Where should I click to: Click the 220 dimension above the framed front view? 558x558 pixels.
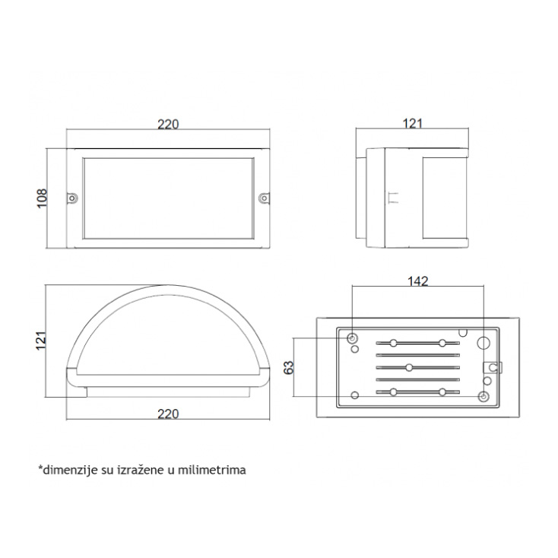[x=168, y=124]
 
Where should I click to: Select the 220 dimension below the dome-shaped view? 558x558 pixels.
[x=168, y=414]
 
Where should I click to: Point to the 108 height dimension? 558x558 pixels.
[x=42, y=198]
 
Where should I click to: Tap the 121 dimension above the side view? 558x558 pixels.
[x=413, y=123]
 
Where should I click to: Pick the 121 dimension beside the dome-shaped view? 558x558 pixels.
[x=41, y=341]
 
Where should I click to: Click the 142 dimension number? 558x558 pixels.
[x=418, y=281]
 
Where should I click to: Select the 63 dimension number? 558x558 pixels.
[x=289, y=367]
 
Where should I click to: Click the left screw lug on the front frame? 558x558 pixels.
[x=72, y=198]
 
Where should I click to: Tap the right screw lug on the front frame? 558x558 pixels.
[x=264, y=198]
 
